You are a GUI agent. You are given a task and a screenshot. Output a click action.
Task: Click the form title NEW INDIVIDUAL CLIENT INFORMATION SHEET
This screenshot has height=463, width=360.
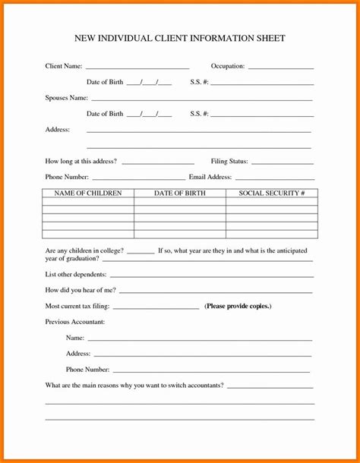[179, 38]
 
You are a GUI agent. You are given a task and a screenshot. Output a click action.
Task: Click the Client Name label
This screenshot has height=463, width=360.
[64, 67]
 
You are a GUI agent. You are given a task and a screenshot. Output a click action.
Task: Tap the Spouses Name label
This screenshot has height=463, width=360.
[67, 99]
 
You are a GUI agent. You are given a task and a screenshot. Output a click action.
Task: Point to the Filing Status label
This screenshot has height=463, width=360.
[229, 161]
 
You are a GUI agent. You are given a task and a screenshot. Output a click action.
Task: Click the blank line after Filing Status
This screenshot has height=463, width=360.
[282, 163]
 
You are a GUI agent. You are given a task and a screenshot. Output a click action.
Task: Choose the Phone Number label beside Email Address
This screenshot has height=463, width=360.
[68, 177]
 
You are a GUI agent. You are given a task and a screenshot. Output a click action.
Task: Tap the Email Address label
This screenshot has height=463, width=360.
[210, 177]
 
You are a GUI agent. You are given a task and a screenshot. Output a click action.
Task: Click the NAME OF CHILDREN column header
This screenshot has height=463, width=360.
[88, 194]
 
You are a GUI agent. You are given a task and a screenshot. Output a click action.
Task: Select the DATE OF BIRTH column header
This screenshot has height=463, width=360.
[179, 194]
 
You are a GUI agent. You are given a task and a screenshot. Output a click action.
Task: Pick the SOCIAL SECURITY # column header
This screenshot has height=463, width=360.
[272, 194]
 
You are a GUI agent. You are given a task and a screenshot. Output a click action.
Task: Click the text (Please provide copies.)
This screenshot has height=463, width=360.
[238, 306]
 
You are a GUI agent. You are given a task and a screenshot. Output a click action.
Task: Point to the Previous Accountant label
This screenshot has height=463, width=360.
[75, 322]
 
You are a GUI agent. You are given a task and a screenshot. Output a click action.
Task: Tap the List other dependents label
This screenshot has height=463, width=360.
[76, 274]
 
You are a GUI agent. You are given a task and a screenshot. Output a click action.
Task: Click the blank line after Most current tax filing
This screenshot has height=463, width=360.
[156, 308]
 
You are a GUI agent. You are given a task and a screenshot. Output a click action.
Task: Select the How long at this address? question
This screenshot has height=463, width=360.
[81, 161]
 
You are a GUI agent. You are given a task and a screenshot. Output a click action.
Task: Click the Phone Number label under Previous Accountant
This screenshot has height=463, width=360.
[88, 370]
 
